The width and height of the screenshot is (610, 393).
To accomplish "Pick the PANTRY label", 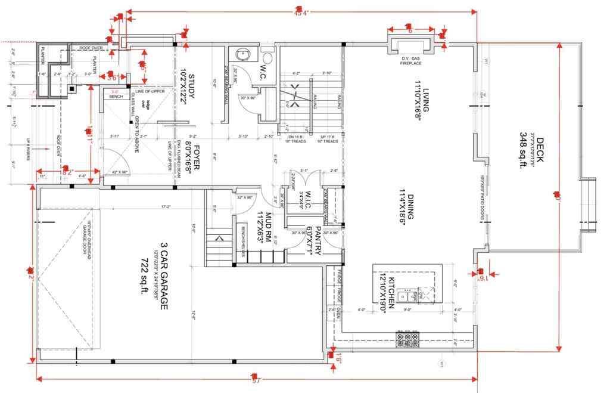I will [318, 241].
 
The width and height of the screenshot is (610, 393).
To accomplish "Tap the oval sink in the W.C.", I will [244, 54].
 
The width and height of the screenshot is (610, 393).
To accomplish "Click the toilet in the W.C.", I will [267, 58].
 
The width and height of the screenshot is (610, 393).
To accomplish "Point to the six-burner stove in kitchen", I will [407, 340].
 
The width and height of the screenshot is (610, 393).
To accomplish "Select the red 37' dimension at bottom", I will [257, 380].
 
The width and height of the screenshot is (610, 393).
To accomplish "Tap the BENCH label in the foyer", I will [116, 96].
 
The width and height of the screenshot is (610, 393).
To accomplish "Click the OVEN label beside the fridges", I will [335, 311].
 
